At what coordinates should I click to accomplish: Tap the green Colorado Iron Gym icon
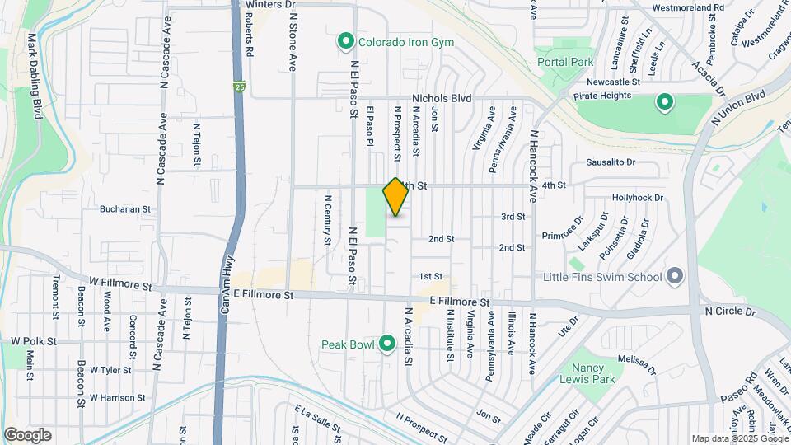(346, 42)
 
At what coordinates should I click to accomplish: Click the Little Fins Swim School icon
(675, 276)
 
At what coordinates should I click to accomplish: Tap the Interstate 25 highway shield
(239, 86)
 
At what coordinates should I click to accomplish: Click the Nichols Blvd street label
(442, 98)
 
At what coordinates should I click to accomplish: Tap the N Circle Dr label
(729, 312)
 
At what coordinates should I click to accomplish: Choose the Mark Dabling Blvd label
(33, 77)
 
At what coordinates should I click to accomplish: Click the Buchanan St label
(125, 209)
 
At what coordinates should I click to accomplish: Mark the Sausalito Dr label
(611, 162)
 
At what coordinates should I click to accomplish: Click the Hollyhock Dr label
(638, 199)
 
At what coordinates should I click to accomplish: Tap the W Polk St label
(34, 340)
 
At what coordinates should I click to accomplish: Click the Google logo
(27, 435)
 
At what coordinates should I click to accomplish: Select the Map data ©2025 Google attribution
(739, 438)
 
